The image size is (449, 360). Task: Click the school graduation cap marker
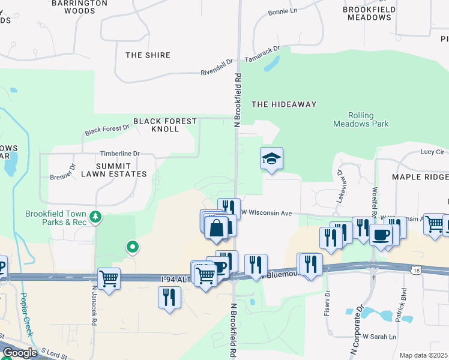[x=271, y=159]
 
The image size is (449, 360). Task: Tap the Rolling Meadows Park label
[x=361, y=119]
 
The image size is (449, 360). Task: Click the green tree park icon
[x=95, y=216]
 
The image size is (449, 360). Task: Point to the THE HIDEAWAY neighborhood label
[x=284, y=104]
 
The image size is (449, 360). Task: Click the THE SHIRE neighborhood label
[x=148, y=55]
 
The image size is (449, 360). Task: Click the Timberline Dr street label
[x=119, y=154]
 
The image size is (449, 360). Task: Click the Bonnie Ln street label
[x=283, y=11]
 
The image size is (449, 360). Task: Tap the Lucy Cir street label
[x=432, y=152]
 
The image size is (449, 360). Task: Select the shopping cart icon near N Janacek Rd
[x=109, y=279]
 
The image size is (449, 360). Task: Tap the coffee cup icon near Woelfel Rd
[x=381, y=235]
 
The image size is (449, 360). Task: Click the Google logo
[x=20, y=352]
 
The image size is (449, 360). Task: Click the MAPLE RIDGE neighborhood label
[x=420, y=177]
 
